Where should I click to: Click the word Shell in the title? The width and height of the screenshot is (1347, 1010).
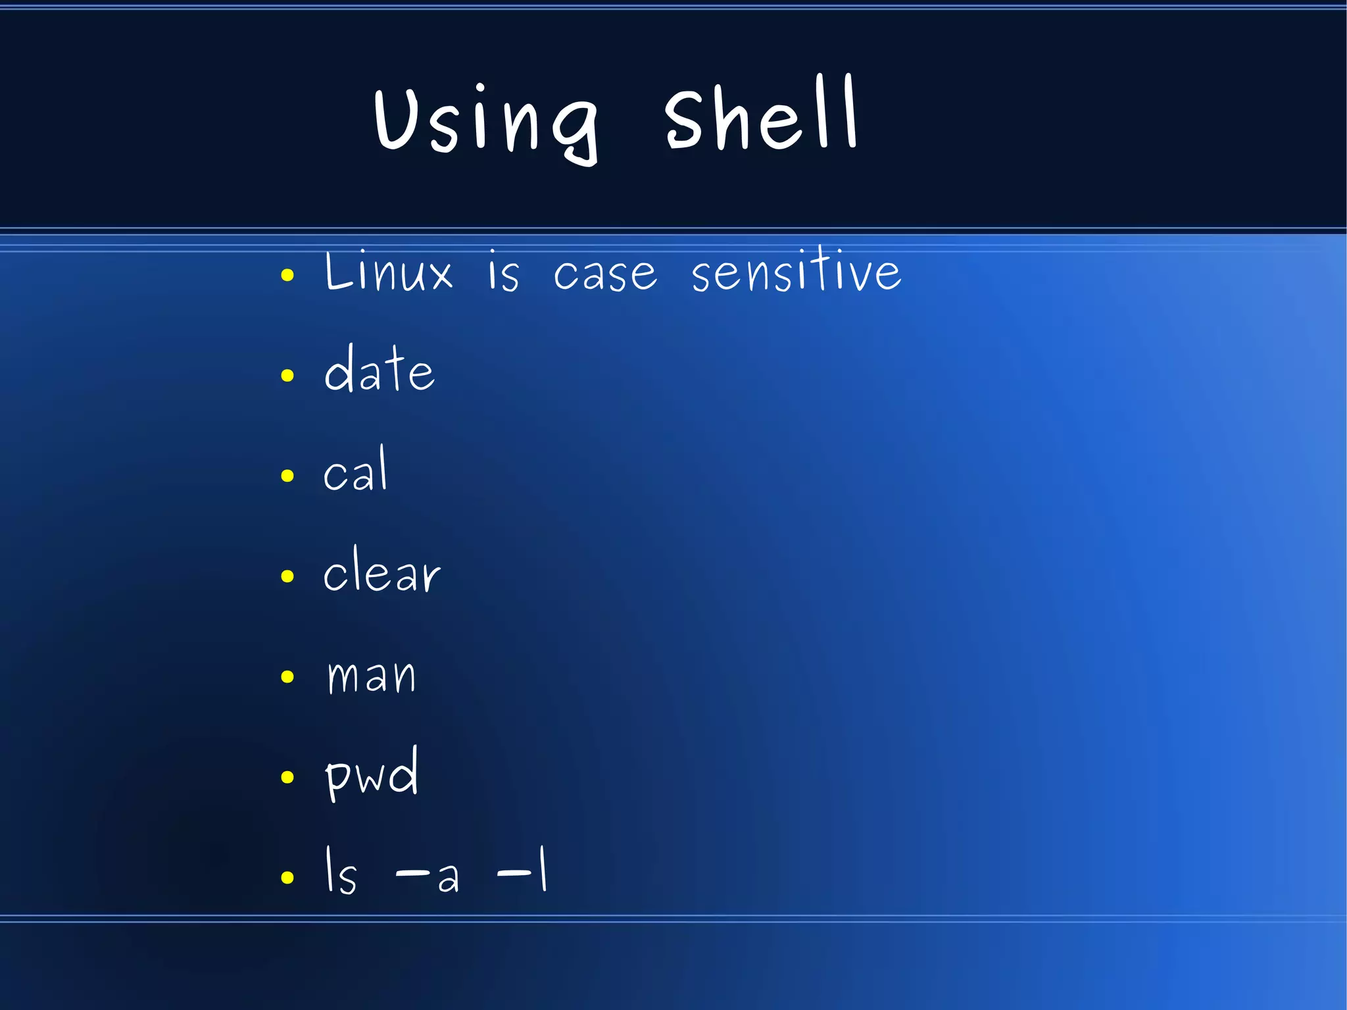pyautogui.click(x=760, y=115)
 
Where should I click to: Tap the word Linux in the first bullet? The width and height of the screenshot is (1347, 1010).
pyautogui.click(x=389, y=271)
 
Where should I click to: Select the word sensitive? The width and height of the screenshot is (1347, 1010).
pyautogui.click(x=796, y=270)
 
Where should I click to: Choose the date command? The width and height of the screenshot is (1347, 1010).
pyautogui.click(x=380, y=370)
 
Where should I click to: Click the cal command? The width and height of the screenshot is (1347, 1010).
pyautogui.click(x=356, y=470)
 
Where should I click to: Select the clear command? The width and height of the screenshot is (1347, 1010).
pyautogui.click(x=381, y=571)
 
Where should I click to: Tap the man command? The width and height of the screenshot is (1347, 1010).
pyautogui.click(x=372, y=676)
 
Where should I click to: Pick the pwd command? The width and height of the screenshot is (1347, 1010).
pyautogui.click(x=372, y=774)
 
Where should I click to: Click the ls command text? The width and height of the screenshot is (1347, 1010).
pyautogui.click(x=341, y=871)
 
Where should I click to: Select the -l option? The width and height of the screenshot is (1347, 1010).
pyautogui.click(x=522, y=871)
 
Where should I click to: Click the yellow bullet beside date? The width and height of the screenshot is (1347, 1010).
pyautogui.click(x=287, y=376)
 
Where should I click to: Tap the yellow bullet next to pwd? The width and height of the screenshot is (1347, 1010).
pyautogui.click(x=287, y=777)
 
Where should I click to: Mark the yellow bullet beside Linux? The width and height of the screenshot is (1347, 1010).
pyautogui.click(x=287, y=275)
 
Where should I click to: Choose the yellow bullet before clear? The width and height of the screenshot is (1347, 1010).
pyautogui.click(x=287, y=576)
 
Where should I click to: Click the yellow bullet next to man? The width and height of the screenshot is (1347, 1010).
pyautogui.click(x=287, y=676)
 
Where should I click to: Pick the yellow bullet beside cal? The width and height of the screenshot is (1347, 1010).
pyautogui.click(x=287, y=476)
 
